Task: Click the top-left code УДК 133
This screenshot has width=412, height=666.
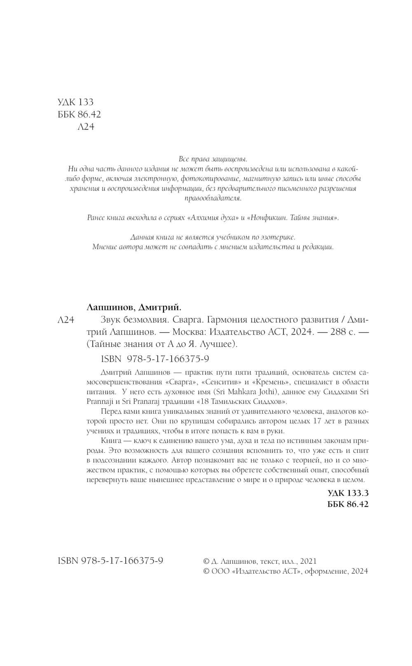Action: (x=77, y=102)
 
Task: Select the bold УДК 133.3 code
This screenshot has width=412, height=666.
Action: (x=348, y=493)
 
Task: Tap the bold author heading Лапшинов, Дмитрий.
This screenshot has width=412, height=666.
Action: (x=135, y=307)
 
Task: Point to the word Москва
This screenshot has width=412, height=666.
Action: (x=188, y=332)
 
